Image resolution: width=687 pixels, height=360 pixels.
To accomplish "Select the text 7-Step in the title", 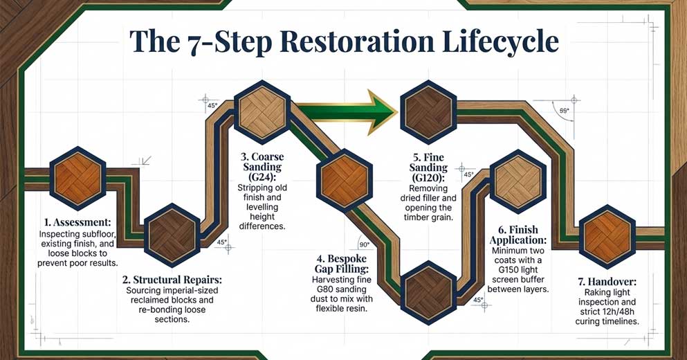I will point(216,42).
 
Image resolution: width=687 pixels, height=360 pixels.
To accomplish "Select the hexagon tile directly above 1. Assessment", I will point(78,177).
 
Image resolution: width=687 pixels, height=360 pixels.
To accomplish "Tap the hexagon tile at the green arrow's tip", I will point(428,109).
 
